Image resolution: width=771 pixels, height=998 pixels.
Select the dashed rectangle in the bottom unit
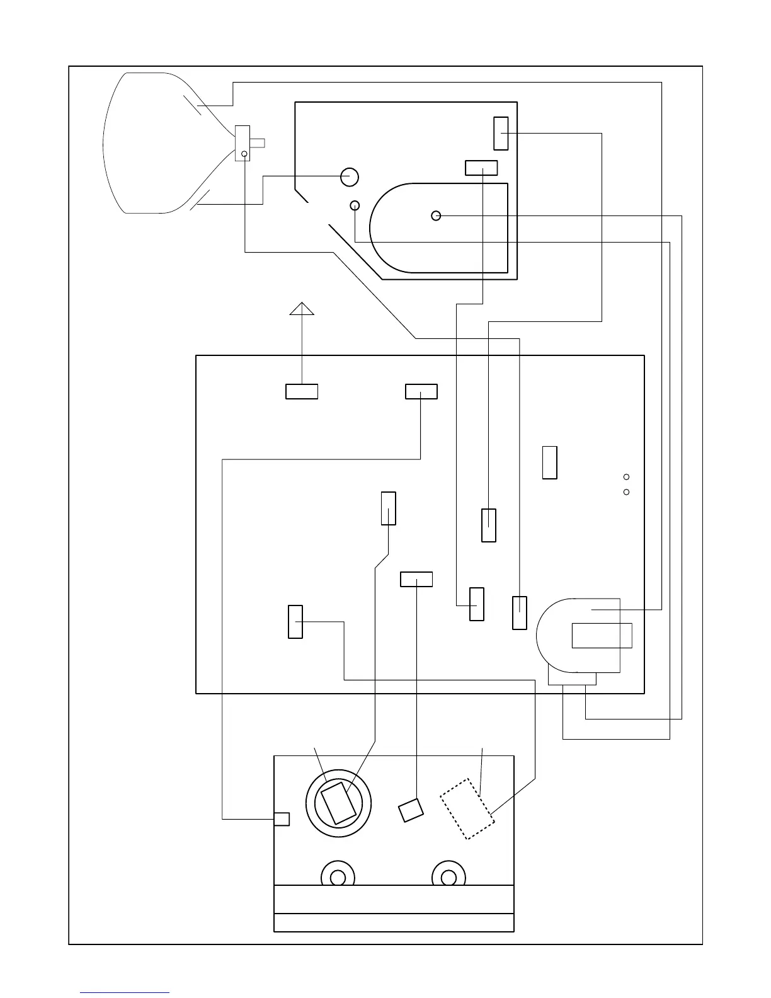click(x=467, y=809)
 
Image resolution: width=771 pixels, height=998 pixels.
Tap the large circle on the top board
click(x=350, y=177)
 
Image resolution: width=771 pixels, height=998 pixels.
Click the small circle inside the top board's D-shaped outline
click(x=436, y=216)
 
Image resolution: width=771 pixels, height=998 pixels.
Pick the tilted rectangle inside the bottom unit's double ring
click(x=338, y=803)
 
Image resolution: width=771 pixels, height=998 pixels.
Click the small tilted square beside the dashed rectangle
click(x=411, y=810)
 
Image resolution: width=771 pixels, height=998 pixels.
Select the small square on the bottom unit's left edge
click(x=282, y=819)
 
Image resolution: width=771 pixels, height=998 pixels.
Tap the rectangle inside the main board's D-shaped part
click(x=602, y=635)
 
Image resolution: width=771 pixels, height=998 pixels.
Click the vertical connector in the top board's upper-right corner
click(x=501, y=133)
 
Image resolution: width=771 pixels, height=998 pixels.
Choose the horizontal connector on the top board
click(x=481, y=168)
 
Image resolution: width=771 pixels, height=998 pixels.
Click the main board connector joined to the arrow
click(x=302, y=391)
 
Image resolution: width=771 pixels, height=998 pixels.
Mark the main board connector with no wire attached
click(x=550, y=462)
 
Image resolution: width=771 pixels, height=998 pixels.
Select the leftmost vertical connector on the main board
click(x=295, y=622)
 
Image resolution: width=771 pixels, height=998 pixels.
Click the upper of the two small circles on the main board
click(x=626, y=477)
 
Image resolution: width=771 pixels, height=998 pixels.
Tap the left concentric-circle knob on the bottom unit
click(x=338, y=877)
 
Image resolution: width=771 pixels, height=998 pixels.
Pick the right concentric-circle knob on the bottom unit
click(x=448, y=877)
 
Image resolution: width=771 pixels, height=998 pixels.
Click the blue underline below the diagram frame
click(x=125, y=993)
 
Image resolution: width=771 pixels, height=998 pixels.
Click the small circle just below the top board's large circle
click(x=355, y=205)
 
